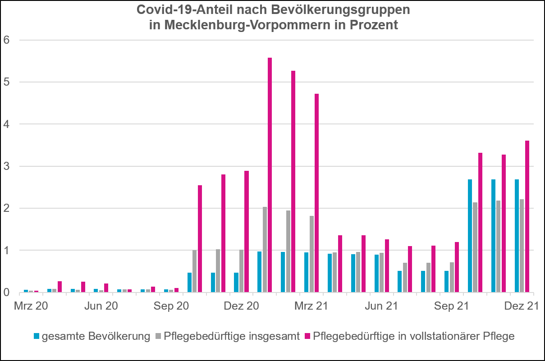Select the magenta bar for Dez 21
[x=527, y=216]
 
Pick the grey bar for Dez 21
[x=522, y=246]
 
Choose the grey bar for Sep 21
[x=452, y=277]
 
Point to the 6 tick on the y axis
[x=6, y=40]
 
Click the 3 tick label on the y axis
[x=6, y=166]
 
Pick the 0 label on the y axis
[x=6, y=292]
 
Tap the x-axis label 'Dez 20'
[x=241, y=306]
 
